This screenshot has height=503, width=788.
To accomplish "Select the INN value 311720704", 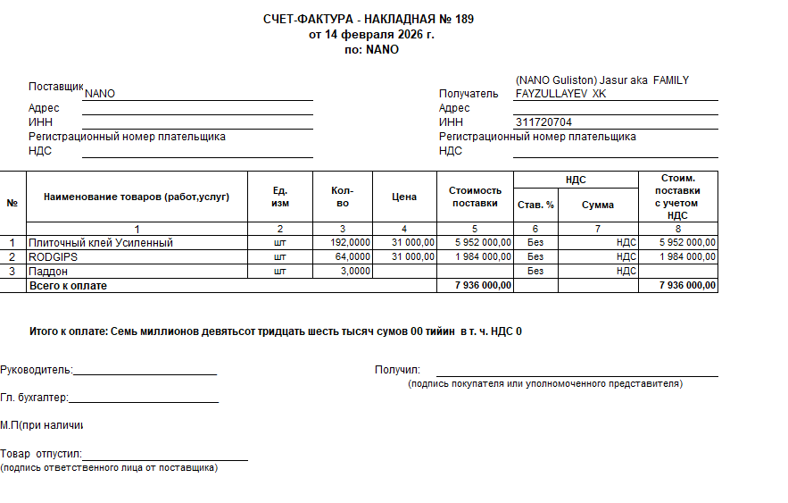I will [x=543, y=122].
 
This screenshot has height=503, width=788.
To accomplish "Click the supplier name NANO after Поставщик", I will [x=99, y=94].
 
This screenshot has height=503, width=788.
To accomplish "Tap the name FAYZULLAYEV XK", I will [x=560, y=94].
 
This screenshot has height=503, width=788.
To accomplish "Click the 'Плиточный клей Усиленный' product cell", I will [x=100, y=242].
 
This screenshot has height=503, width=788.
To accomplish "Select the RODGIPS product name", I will [x=53, y=256].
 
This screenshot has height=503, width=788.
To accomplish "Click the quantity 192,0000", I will [x=350, y=242].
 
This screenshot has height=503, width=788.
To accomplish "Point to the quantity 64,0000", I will [x=353, y=256].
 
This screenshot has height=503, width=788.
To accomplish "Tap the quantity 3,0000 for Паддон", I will [x=355, y=271].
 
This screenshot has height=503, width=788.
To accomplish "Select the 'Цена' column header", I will [x=404, y=197].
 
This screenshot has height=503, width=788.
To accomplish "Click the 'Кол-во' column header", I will [x=342, y=197].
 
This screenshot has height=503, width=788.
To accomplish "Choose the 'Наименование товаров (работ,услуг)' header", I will [x=137, y=197].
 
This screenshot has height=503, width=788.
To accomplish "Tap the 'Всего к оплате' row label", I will [x=68, y=285].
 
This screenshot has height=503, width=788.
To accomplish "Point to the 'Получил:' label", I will [x=397, y=370].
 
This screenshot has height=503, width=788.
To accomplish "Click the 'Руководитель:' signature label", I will [x=37, y=370].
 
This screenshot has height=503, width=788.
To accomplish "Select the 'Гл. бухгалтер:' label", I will [x=34, y=398].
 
